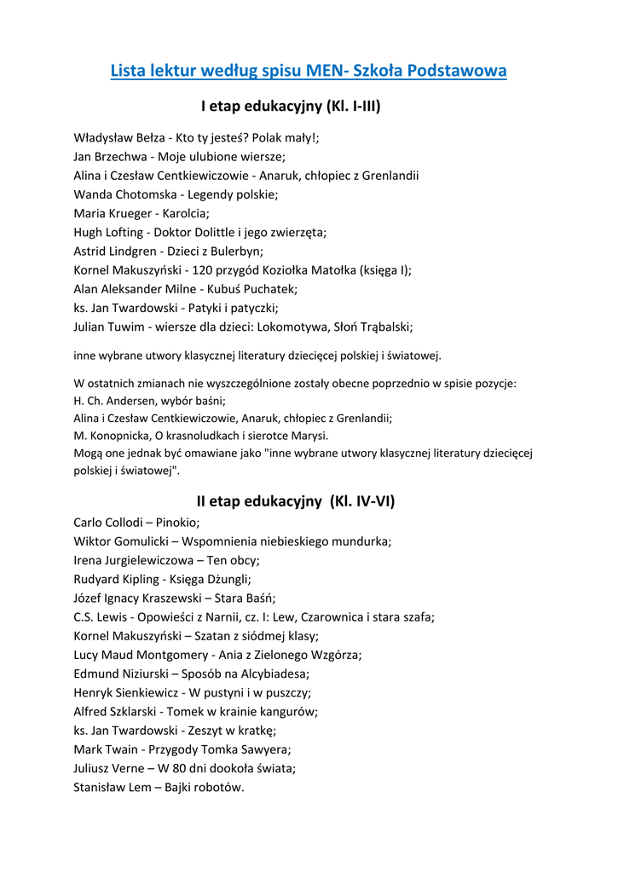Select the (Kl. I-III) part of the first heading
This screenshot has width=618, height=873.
pos(353,107)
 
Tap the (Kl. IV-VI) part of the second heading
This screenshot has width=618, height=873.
pos(362,501)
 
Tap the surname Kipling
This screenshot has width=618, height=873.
pos(150,579)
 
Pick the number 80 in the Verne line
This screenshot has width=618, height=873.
pos(184,768)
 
